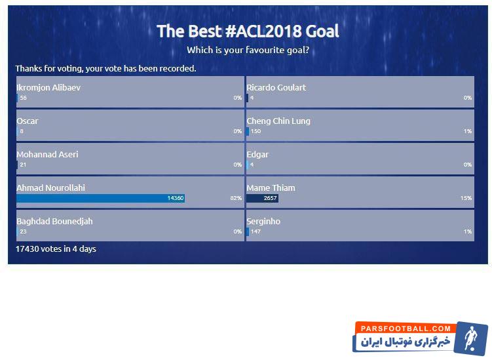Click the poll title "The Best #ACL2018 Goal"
coord(248,31)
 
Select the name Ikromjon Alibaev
coord(48,88)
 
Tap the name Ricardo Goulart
coord(276,88)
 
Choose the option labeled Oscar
coord(28,121)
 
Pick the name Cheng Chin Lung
coord(278,121)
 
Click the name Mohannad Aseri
coord(47,154)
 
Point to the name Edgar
coord(257,155)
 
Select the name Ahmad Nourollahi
coord(50,188)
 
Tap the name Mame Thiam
coord(271,188)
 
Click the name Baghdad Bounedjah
coord(54,222)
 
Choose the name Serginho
coord(263,222)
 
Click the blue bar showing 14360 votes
coord(100,198)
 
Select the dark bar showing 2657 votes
coord(262,198)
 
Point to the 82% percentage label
coord(236,198)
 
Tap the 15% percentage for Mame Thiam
coord(466,198)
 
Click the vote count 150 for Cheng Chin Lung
coord(255,131)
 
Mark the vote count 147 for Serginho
coord(255,231)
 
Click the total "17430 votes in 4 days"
coord(56,249)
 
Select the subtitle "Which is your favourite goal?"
coord(248,50)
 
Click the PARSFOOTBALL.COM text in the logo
coord(406,329)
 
